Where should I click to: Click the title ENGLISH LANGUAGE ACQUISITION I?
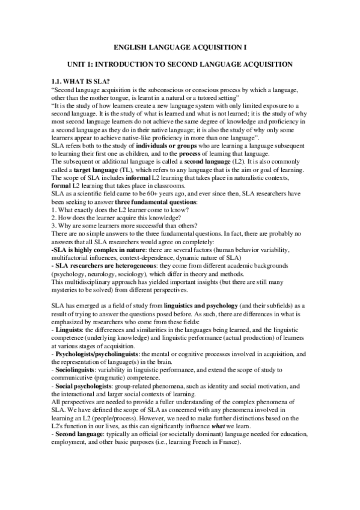[180, 46]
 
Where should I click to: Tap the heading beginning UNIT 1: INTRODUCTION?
[180, 63]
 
